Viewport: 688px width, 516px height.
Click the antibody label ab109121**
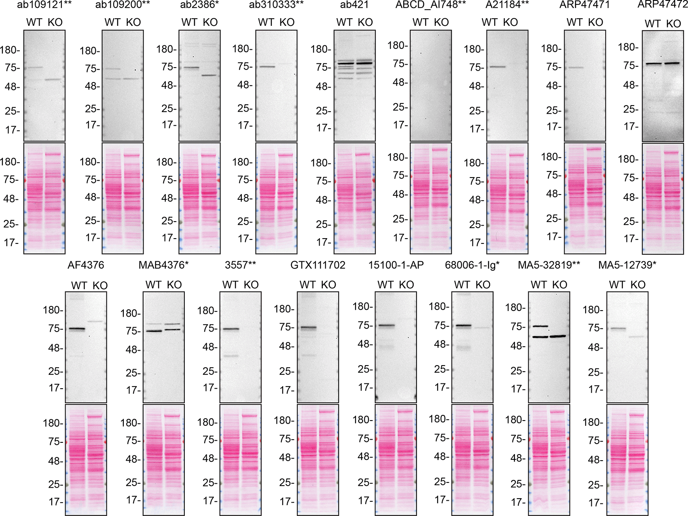44,5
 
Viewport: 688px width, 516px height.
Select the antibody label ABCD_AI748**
430,5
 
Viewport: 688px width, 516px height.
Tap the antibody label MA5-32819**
549,265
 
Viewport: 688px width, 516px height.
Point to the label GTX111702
318,265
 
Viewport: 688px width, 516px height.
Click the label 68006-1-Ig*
472,265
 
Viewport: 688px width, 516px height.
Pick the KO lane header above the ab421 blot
365,22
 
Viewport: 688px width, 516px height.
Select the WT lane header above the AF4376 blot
79,285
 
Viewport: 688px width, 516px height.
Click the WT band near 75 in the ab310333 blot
267,66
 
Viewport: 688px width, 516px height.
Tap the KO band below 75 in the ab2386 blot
209,75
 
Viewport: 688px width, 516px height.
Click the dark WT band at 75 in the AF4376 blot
77,329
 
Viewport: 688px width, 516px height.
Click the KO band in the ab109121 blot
53,80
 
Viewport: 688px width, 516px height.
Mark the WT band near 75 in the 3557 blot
231,329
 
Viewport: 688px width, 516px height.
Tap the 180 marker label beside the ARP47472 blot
628,47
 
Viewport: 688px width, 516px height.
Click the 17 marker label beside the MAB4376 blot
133,390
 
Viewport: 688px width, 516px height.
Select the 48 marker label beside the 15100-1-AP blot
364,344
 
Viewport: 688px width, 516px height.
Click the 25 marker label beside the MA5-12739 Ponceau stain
595,485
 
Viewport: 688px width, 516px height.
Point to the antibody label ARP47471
584,5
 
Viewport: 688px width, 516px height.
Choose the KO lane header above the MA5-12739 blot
637,285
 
